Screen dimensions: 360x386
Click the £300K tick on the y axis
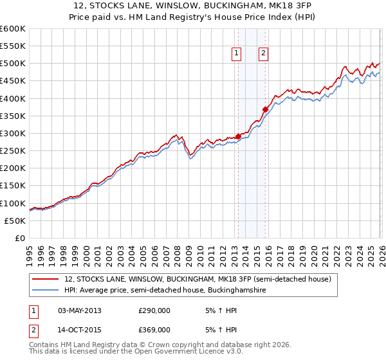(x=13, y=133)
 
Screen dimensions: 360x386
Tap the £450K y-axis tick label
(x=13, y=81)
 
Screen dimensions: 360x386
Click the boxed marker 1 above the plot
(x=237, y=54)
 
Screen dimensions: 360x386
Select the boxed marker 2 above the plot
(x=264, y=54)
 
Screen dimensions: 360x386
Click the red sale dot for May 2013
(x=238, y=136)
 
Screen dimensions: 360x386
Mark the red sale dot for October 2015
(x=265, y=109)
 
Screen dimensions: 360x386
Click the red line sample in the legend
(x=45, y=279)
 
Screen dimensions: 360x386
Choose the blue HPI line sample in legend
(x=45, y=291)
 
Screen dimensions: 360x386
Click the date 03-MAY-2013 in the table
(x=80, y=311)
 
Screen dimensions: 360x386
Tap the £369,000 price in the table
(x=154, y=329)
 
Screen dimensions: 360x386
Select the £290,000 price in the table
(x=154, y=311)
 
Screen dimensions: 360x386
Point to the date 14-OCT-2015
(x=80, y=329)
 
